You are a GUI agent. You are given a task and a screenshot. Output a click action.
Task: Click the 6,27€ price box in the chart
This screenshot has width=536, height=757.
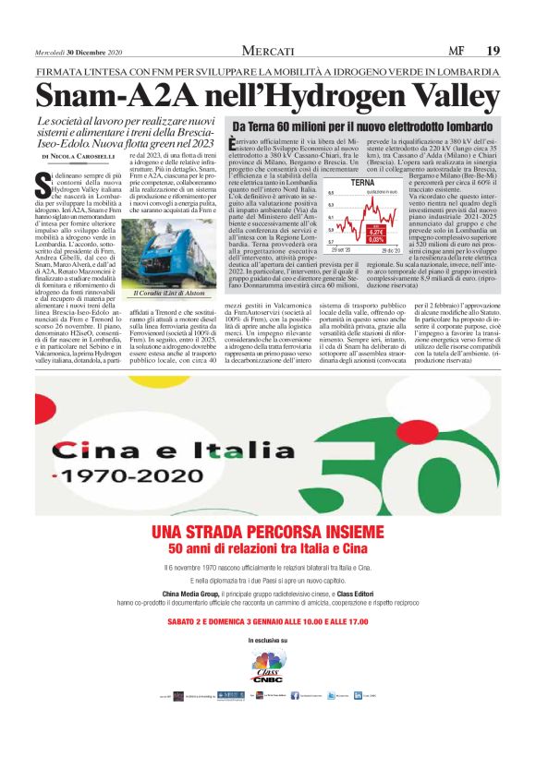coord(376,232)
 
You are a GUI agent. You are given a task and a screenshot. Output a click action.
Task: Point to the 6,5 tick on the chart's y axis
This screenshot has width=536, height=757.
coord(333,193)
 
